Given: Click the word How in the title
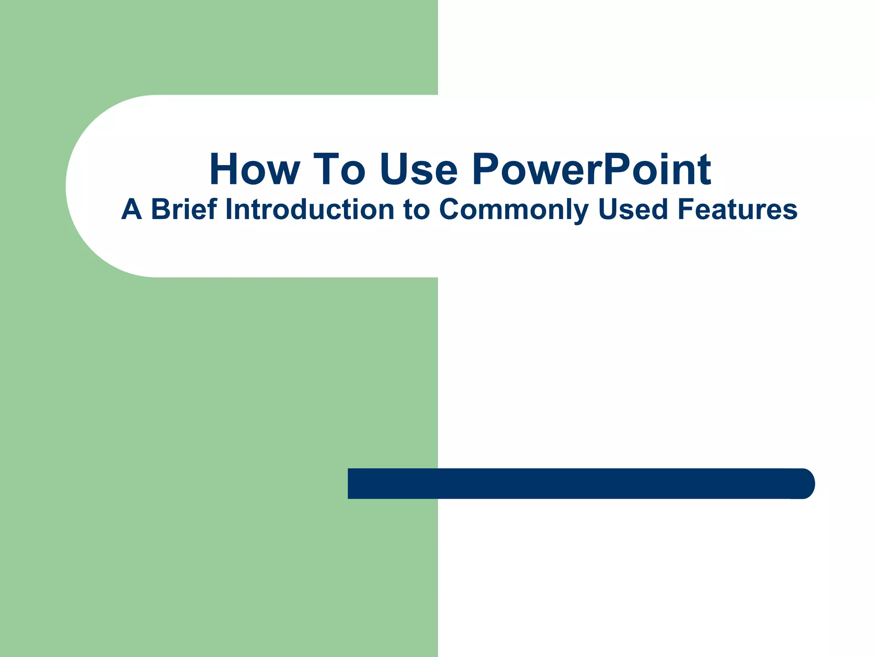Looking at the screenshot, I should click(255, 169).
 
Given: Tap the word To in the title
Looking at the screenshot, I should click(339, 169).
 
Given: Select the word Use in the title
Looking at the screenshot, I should click(418, 169).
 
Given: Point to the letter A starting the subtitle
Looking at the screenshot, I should click(131, 210).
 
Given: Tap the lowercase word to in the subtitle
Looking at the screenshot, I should click(416, 210).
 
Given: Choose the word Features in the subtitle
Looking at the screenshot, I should click(737, 210).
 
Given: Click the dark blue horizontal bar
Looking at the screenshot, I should click(577, 484).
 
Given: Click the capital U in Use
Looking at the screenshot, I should click(394, 169).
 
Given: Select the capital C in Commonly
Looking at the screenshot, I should click(452, 210).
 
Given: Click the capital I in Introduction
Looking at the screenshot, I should click(228, 210).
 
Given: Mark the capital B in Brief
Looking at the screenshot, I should click(161, 210).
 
